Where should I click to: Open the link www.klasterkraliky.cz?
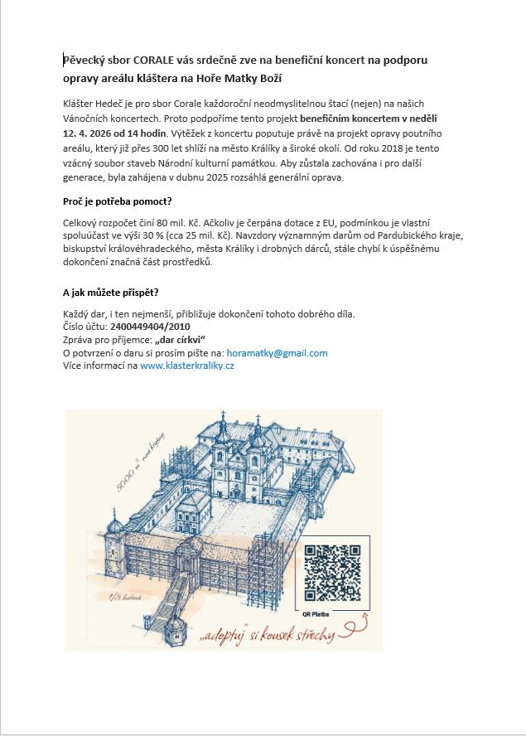click(x=187, y=365)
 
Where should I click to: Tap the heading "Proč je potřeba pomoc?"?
click(x=117, y=201)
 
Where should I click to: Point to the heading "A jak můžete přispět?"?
click(x=111, y=293)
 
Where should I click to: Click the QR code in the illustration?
click(x=332, y=573)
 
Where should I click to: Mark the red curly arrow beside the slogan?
click(x=358, y=626)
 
